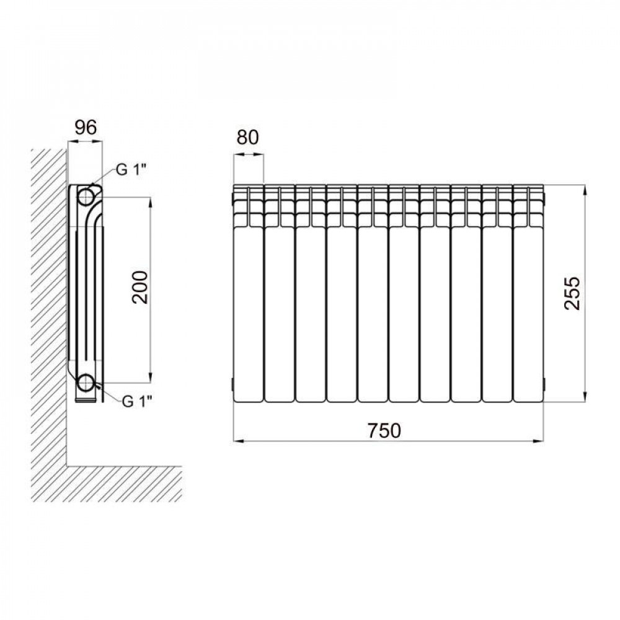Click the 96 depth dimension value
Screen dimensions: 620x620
[86, 128]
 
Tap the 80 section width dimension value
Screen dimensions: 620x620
[247, 137]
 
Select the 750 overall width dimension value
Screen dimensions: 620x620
[384, 431]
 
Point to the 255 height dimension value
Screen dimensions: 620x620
[572, 293]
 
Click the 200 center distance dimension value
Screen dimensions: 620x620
[139, 287]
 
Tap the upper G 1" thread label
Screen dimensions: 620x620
[131, 170]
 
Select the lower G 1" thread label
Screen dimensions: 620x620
[137, 401]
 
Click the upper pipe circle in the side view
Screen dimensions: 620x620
[86, 197]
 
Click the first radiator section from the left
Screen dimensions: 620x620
[249, 294]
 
